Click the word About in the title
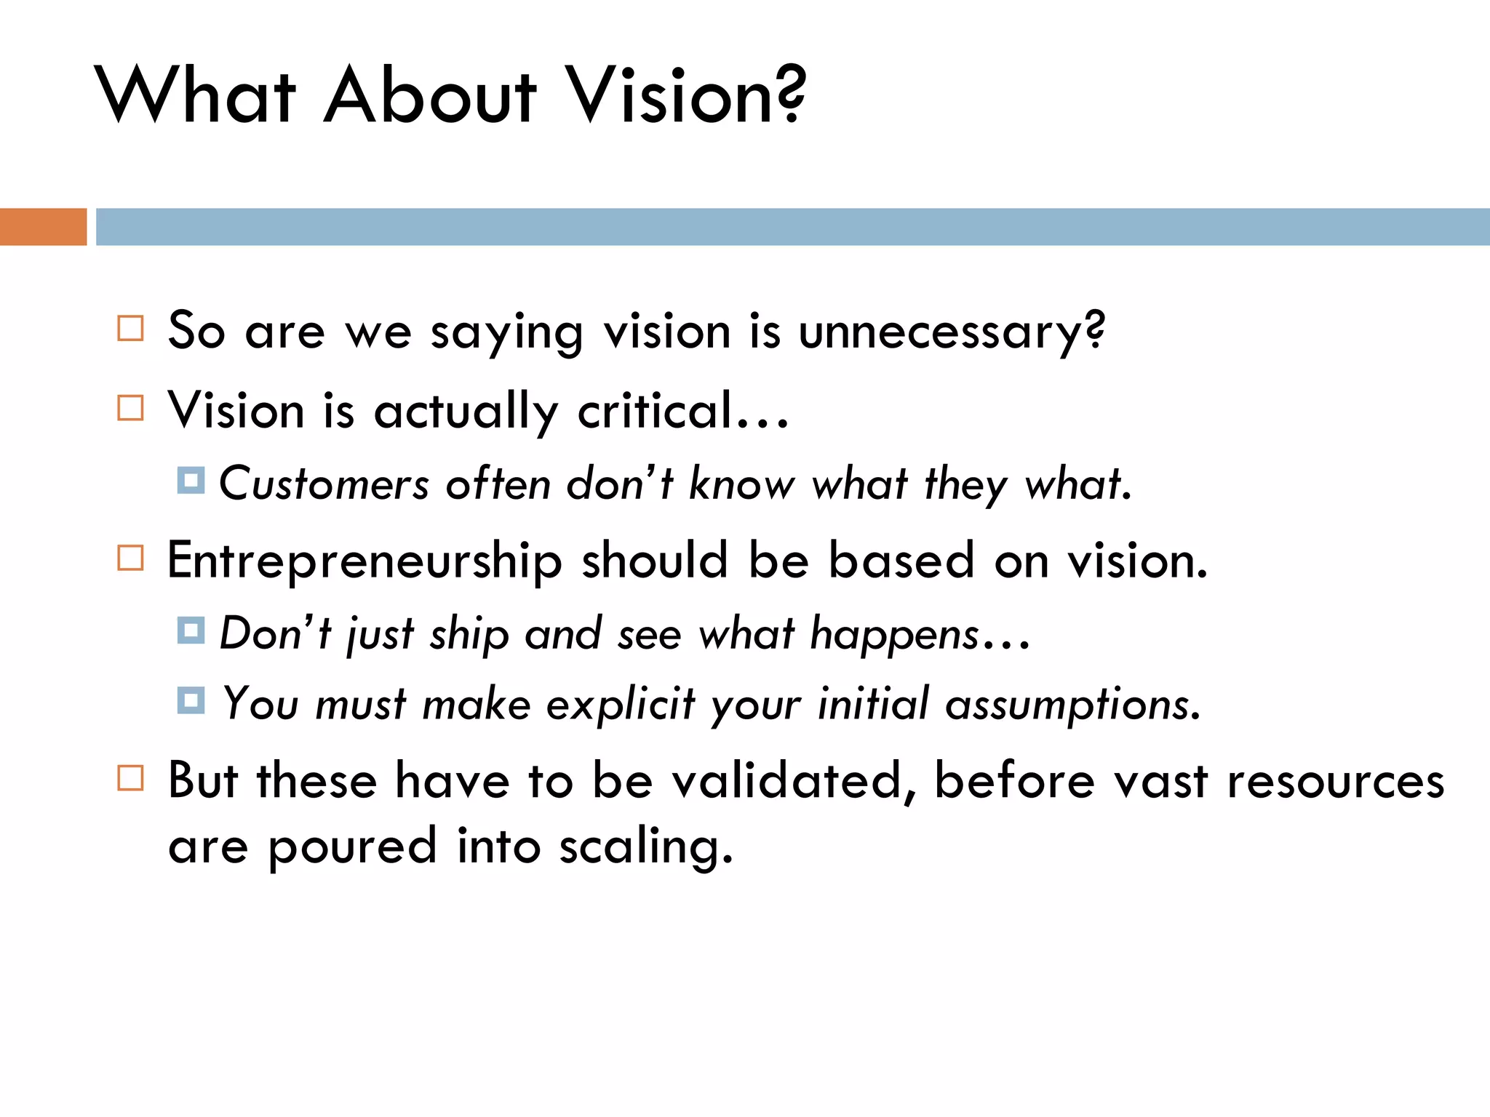[430, 96]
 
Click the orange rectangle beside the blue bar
[43, 227]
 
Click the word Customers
[324, 484]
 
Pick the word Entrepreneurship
[364, 562]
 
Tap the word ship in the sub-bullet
[469, 634]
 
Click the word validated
[786, 781]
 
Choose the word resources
[1335, 782]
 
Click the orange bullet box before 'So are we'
[131, 328]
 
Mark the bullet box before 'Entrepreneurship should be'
[131, 558]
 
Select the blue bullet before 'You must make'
[191, 700]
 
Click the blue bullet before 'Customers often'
[191, 481]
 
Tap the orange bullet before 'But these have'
[131, 778]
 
